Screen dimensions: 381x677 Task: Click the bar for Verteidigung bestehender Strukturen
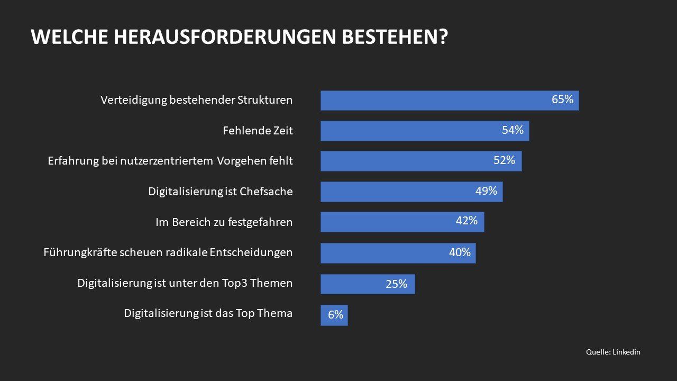449,101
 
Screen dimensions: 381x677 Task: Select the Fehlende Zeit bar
424,131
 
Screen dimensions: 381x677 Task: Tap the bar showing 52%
420,161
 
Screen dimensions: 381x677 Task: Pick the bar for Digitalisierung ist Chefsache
411,192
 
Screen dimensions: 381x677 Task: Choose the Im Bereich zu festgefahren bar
402,222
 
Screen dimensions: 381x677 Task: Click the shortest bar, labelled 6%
334,315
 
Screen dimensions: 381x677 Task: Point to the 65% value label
562,99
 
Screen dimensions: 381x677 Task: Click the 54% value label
513,130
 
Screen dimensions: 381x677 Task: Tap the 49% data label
486,190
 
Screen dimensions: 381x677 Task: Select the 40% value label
460,252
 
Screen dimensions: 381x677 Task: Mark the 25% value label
396,284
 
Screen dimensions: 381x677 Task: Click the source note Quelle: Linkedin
613,352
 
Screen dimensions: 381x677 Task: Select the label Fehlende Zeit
257,130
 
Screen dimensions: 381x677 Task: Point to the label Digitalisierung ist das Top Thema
208,313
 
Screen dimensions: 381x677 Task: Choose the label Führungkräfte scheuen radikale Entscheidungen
168,252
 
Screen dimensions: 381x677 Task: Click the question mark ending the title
443,37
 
